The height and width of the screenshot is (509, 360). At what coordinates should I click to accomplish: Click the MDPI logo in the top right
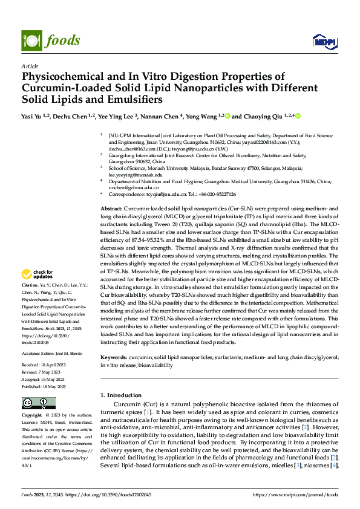(x=324, y=41)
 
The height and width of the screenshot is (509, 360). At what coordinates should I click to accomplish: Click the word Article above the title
(x=30, y=66)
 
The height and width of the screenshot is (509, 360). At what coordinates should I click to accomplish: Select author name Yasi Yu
(x=31, y=116)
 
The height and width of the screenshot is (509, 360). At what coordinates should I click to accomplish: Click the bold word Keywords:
(x=115, y=357)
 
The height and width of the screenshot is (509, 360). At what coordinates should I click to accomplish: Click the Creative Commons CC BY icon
(x=38, y=403)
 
